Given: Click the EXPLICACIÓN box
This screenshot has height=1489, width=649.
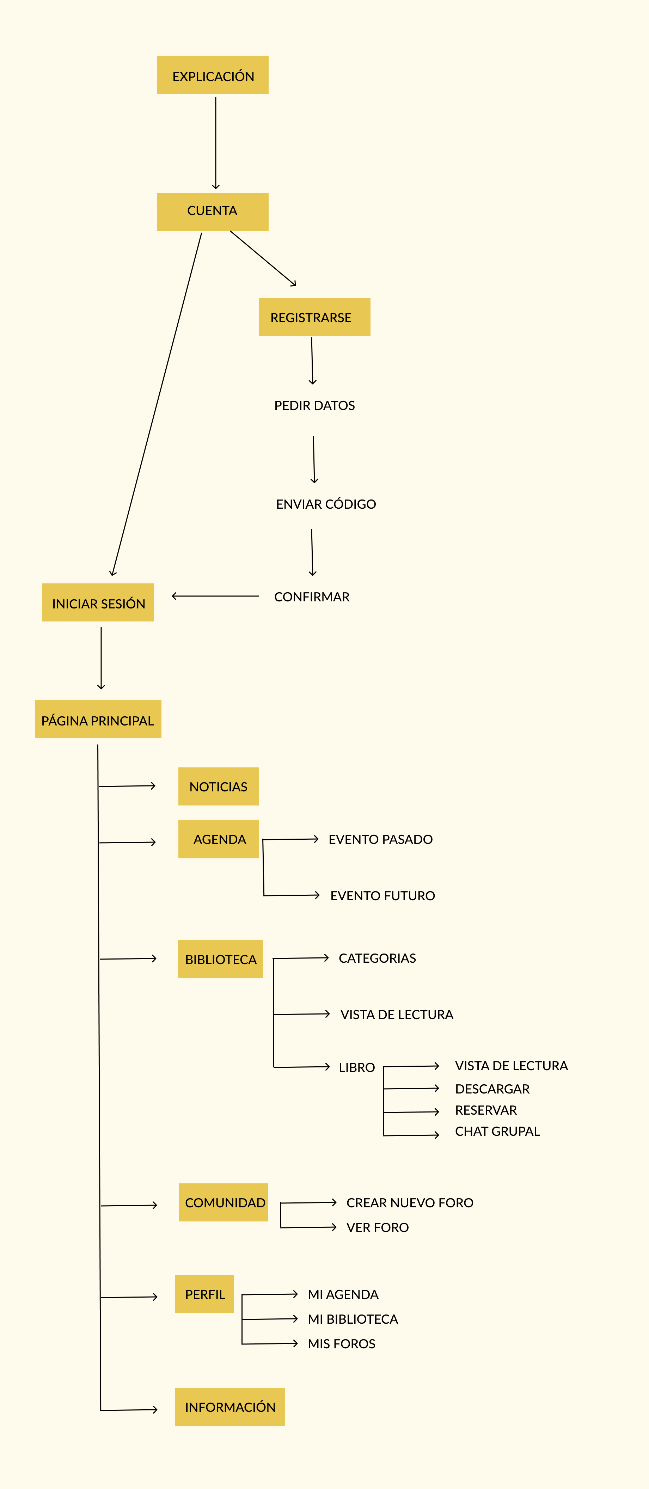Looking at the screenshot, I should click(x=213, y=75).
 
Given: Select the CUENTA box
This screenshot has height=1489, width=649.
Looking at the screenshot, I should click(x=213, y=212).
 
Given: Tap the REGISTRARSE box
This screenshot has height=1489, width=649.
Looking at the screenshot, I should click(x=314, y=317).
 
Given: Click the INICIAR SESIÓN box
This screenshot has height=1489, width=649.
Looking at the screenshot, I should click(x=98, y=602).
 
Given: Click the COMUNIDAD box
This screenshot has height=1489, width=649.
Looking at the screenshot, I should click(x=224, y=1202).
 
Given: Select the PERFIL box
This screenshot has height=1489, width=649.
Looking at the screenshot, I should click(x=204, y=1294).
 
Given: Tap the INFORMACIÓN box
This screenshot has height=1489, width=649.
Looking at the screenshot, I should click(x=230, y=1407).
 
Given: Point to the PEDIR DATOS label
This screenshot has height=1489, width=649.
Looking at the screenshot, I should click(x=314, y=405).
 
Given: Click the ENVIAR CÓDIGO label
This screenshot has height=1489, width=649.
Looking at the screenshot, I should click(x=326, y=504).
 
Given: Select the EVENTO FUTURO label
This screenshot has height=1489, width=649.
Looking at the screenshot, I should click(x=382, y=896).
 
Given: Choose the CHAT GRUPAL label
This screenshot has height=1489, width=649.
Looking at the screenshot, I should click(x=497, y=1131).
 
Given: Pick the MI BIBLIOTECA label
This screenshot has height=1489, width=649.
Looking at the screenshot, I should click(x=353, y=1319).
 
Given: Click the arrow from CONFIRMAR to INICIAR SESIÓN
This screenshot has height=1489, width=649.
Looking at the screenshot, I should click(x=215, y=596).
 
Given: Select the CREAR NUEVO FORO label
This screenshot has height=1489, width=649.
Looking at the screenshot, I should click(x=410, y=1203).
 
